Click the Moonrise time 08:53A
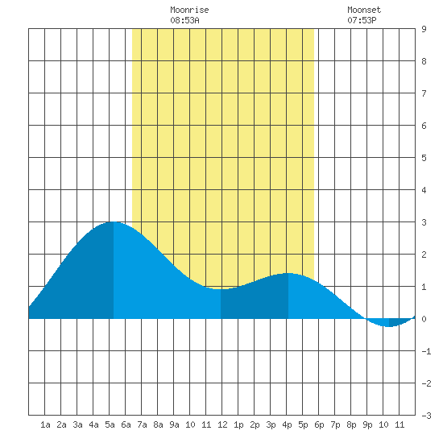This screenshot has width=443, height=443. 184,20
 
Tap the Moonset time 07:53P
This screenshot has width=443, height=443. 362,20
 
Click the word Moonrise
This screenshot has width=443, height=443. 189,10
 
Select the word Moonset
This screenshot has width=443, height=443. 364,10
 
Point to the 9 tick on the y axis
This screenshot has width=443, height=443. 424,29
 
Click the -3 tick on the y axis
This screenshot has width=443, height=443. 426,416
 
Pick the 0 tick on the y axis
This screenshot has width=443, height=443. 424,319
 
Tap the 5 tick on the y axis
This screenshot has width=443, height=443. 424,158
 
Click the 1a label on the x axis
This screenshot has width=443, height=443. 45,424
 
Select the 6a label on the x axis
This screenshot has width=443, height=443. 126,424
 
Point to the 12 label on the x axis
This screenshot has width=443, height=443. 222,424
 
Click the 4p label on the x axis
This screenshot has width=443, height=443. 287,424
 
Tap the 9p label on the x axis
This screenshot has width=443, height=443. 367,424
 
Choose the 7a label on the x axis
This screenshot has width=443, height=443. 142,424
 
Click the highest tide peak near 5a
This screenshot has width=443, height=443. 114,222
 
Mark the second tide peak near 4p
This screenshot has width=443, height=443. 288,274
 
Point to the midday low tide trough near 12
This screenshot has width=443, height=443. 221,289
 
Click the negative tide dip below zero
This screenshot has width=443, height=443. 389,326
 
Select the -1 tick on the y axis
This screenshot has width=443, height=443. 426,351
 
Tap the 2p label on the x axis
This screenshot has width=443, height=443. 255,424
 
